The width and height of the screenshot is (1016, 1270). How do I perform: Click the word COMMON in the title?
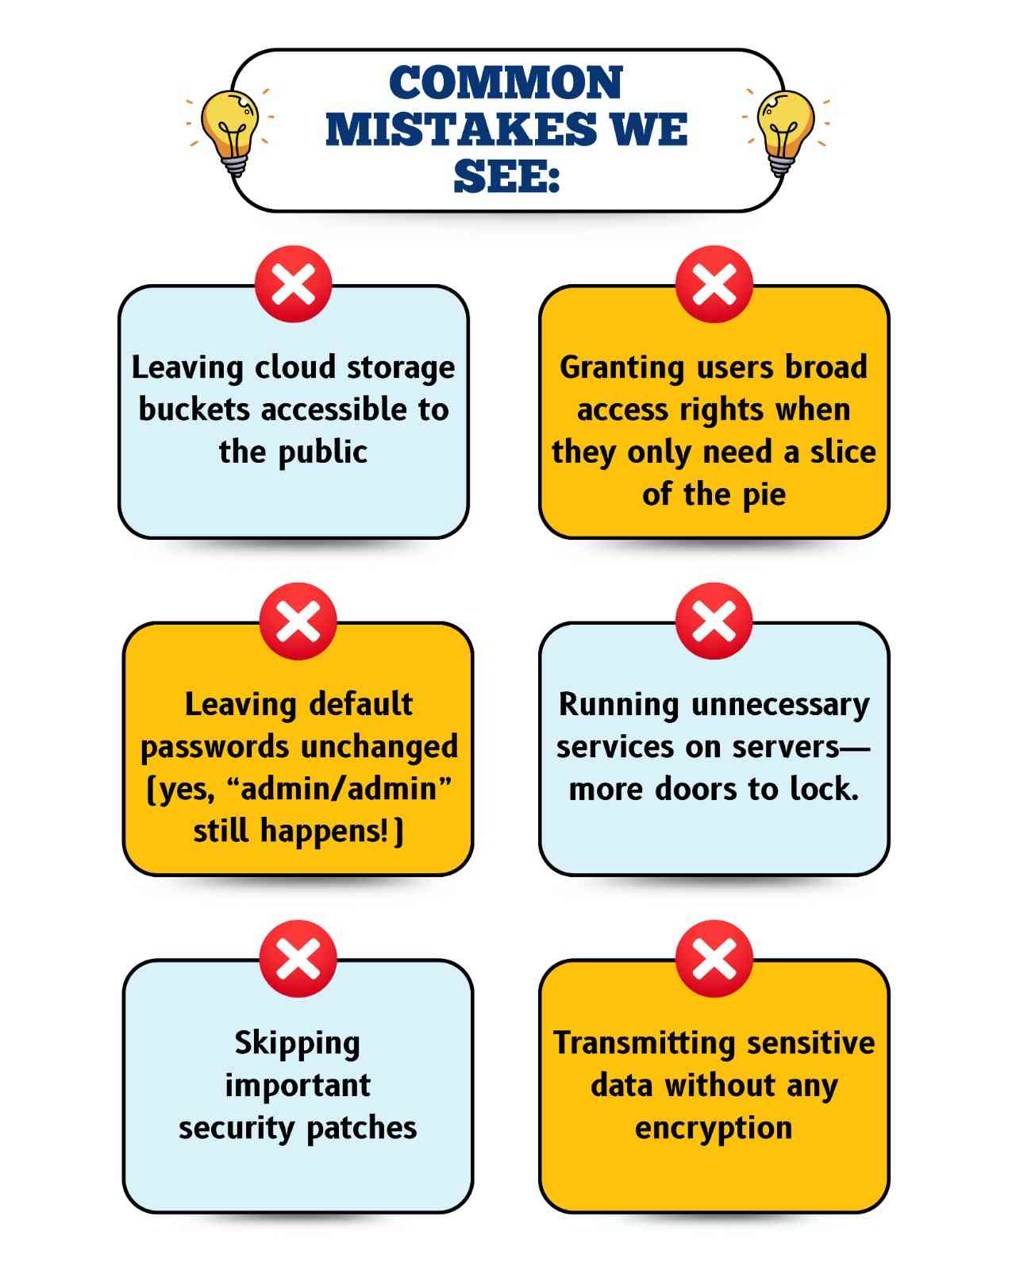506,83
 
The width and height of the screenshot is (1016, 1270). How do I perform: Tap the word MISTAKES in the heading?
460,129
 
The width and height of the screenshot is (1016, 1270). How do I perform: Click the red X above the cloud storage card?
294,284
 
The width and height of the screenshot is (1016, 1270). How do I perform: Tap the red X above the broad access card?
714,284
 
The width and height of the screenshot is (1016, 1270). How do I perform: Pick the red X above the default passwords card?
298,621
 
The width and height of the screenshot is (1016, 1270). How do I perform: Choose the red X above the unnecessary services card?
714,621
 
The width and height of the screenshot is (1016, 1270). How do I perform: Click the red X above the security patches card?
298,958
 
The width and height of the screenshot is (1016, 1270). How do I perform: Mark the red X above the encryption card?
714,958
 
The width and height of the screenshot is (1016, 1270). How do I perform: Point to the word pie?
764,495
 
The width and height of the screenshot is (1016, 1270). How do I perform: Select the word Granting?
622,368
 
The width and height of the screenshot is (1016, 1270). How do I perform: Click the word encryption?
714,1129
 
